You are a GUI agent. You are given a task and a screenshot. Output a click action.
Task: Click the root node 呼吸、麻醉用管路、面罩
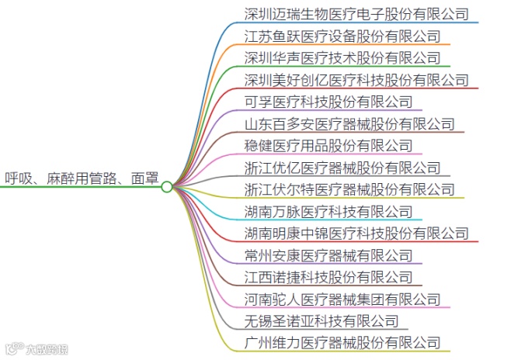81,178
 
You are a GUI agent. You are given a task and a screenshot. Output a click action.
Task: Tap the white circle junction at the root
167,187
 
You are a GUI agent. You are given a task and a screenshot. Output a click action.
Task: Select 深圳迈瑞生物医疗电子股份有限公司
356,13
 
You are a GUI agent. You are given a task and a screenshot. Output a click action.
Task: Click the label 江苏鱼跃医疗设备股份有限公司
342,36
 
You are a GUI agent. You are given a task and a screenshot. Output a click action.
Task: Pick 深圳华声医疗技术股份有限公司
342,57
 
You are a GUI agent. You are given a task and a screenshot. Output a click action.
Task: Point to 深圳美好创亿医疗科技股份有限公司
356,79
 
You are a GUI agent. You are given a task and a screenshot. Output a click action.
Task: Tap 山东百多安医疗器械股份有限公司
349,123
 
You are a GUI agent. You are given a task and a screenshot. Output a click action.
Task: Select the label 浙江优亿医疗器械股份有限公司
342,168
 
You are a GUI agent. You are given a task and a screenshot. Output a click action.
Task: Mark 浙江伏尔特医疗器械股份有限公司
349,189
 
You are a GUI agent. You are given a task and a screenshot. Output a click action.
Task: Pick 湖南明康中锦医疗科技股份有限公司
356,233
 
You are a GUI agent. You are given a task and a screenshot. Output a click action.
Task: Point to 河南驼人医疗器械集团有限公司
342,299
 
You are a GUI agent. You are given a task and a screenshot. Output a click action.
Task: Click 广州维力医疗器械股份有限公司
342,342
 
